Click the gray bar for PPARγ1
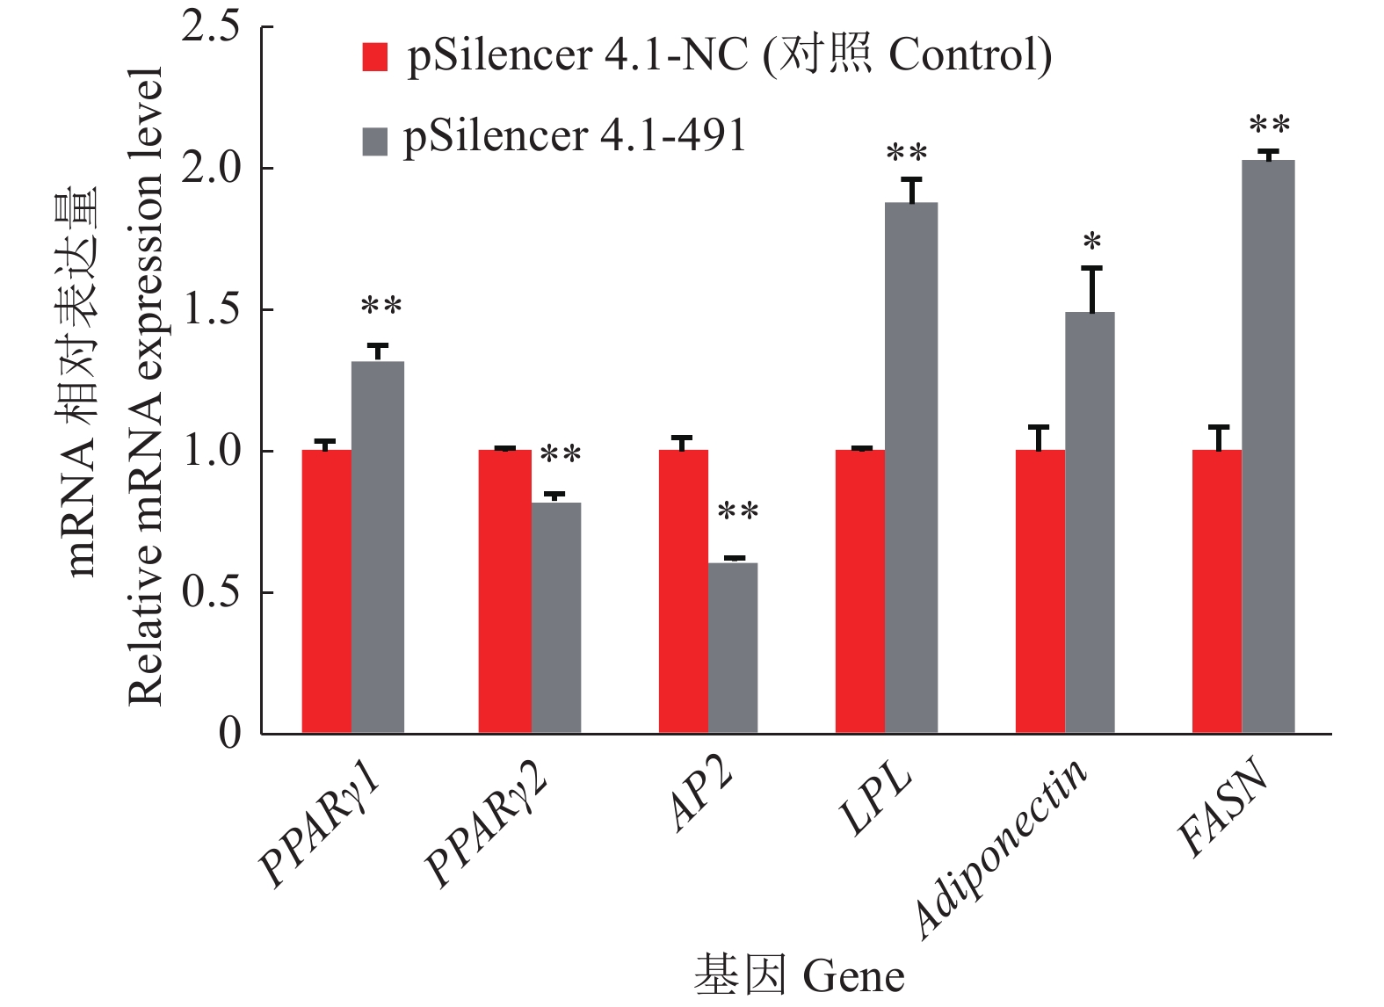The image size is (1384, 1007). pos(378,547)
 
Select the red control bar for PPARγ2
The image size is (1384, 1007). pos(505,590)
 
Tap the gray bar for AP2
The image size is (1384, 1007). pos(733,648)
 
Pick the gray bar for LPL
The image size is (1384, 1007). pos(911,467)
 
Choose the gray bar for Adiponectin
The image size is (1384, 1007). pos(1090,522)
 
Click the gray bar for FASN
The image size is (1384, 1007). pos(1268,446)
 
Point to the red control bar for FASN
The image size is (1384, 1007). pos(1217,590)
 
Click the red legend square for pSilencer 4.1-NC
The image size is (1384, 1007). pos(375,57)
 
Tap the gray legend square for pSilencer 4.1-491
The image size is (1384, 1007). pos(375,141)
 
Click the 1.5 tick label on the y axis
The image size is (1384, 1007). pos(211,309)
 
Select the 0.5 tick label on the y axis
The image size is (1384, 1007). pos(211,592)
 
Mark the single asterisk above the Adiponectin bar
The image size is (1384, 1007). pos(1092,242)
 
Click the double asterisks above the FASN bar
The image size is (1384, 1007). pos(1270,126)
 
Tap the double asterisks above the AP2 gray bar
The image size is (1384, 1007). pos(738,511)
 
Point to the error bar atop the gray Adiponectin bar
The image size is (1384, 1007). pos(1092,288)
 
